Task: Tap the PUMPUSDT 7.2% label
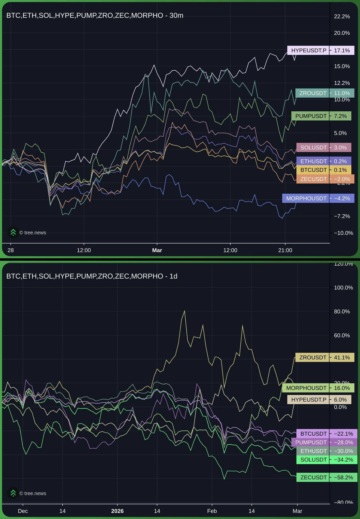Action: click(321, 116)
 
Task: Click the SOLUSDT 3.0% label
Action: click(323, 147)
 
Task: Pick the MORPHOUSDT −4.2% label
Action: click(318, 198)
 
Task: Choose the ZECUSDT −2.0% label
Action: click(325, 179)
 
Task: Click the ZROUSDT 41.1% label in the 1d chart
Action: click(324, 357)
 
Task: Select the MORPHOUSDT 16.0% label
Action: click(318, 388)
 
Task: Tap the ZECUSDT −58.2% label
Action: click(326, 477)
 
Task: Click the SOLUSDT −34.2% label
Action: click(326, 460)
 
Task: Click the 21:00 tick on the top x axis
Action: click(285, 250)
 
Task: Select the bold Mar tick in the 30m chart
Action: click(157, 250)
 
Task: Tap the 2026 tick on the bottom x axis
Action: click(117, 511)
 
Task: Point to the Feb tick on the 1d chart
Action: click(212, 511)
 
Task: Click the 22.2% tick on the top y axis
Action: click(342, 17)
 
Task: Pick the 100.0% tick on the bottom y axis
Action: click(343, 287)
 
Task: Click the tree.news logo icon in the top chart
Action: click(13, 232)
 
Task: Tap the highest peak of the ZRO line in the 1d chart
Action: click(184, 311)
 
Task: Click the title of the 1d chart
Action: click(92, 276)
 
